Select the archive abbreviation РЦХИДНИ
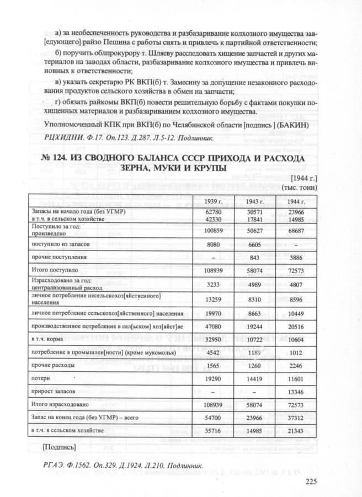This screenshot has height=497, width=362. click(x=62, y=137)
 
